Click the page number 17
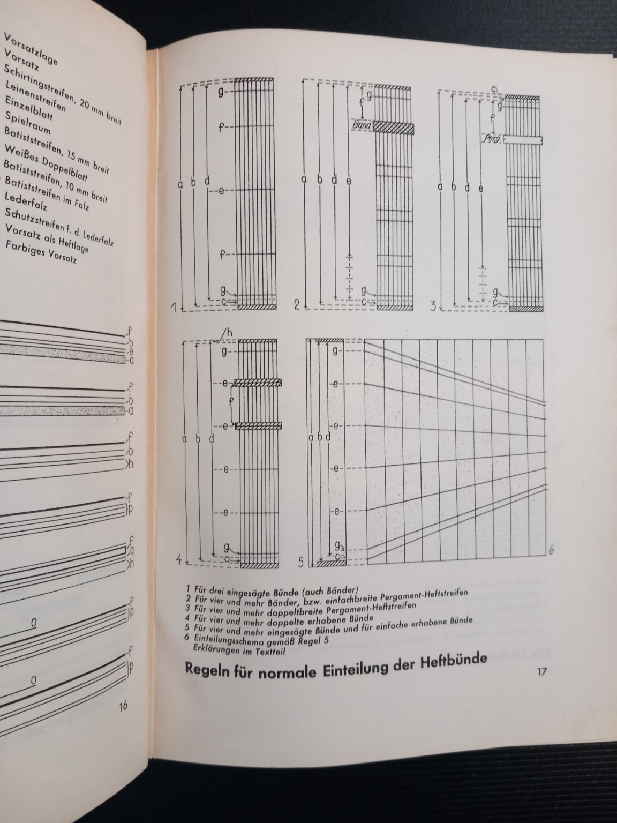542,672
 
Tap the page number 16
123,706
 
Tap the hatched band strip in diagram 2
393,127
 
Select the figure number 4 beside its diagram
179,560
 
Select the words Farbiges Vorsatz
41,253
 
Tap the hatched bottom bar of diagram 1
257,308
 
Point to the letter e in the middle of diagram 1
221,191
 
